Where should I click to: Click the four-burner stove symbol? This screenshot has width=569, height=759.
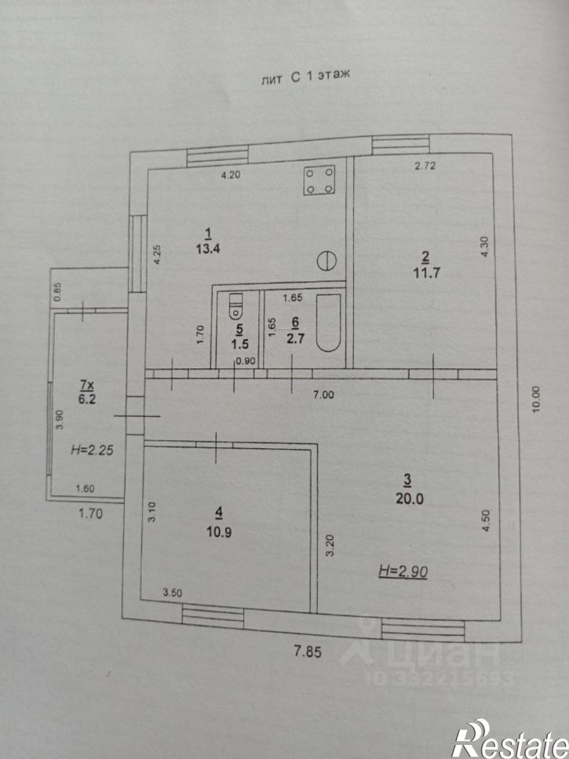click(x=319, y=180)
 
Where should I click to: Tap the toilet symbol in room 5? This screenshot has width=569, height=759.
click(x=235, y=306)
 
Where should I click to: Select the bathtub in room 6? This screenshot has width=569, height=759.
click(x=328, y=322)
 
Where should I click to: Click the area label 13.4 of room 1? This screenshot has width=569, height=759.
click(x=208, y=249)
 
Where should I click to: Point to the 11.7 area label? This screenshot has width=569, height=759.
click(x=426, y=272)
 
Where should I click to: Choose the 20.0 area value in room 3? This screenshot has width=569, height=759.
click(x=410, y=498)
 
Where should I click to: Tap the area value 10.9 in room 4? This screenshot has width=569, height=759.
click(x=219, y=532)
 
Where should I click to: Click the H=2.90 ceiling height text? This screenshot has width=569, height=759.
click(x=403, y=571)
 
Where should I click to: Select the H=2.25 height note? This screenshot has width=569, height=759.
click(x=92, y=450)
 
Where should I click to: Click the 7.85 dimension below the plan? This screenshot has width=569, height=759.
click(x=308, y=652)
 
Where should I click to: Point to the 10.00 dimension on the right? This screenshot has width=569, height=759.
click(x=535, y=400)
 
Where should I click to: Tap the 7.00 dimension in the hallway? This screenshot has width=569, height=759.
click(x=323, y=395)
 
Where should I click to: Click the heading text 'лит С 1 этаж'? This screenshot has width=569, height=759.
click(x=305, y=77)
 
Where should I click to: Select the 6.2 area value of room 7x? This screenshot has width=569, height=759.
click(x=88, y=399)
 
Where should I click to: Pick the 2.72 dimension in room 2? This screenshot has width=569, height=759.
click(x=425, y=166)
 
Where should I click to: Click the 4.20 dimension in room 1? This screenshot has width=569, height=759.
click(x=231, y=175)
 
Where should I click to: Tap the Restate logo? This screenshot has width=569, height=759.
click(x=510, y=739)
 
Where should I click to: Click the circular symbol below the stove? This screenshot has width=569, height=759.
click(x=326, y=260)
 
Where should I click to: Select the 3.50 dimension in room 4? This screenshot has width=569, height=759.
click(x=173, y=593)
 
